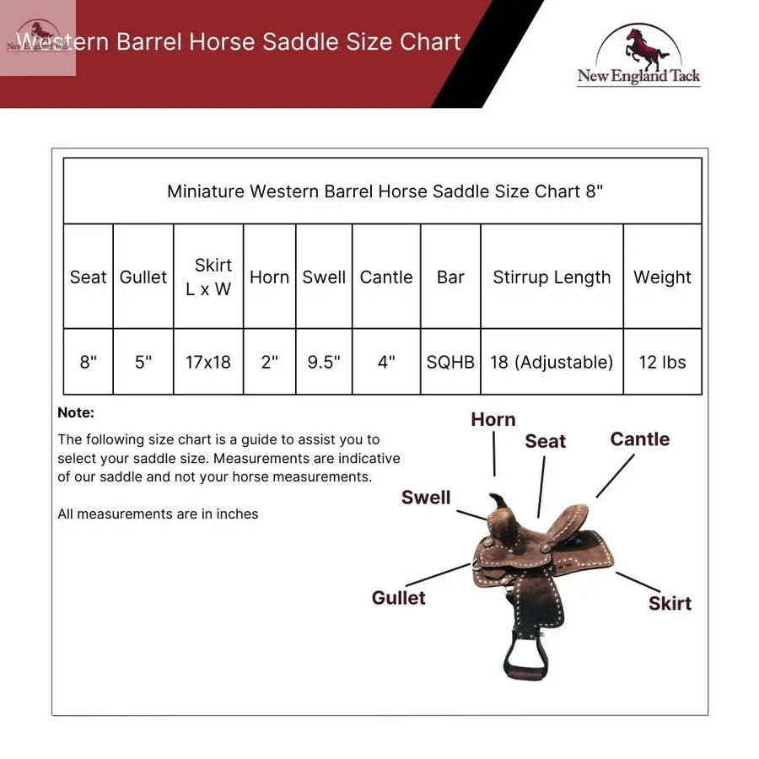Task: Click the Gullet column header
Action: (x=143, y=277)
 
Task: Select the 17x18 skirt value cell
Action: (x=208, y=363)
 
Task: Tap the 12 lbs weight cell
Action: (x=662, y=363)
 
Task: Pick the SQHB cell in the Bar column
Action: (x=450, y=363)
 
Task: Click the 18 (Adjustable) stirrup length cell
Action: (x=552, y=363)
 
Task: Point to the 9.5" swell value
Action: (x=324, y=363)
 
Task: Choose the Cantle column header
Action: (x=386, y=277)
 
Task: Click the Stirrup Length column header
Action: (x=552, y=277)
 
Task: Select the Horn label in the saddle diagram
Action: (x=493, y=420)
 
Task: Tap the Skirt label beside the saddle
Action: (x=670, y=604)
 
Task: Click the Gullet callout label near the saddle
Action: (x=398, y=598)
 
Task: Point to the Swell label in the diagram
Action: (x=426, y=498)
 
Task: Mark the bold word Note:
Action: (x=76, y=413)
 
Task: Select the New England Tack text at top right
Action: (x=638, y=77)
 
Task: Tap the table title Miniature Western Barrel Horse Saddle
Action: (x=385, y=191)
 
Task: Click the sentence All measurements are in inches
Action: (x=158, y=514)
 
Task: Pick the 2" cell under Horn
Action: (x=269, y=363)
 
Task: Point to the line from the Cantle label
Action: (x=615, y=476)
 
